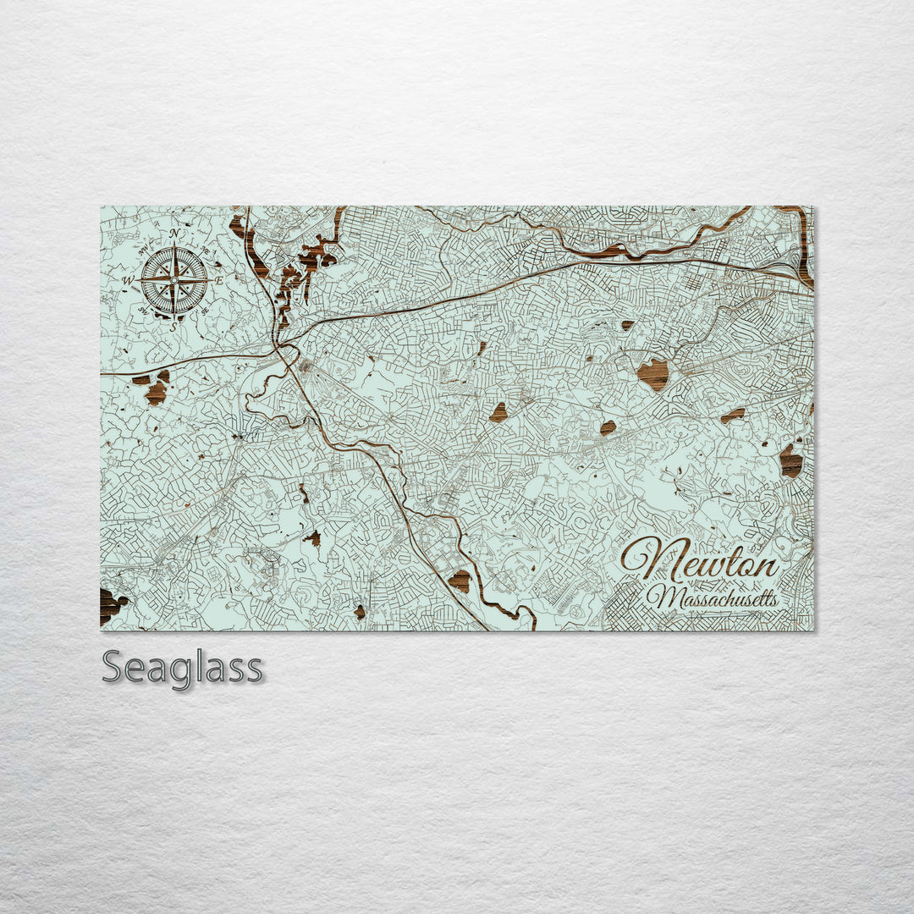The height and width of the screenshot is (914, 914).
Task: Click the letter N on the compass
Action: click(174, 234)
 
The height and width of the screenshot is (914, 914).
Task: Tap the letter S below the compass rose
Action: click(173, 326)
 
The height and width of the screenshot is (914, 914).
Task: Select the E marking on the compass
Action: click(218, 280)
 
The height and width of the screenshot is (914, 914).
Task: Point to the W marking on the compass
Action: click(129, 280)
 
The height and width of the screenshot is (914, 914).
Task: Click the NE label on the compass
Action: click(204, 249)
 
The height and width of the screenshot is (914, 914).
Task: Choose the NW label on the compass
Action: click(143, 249)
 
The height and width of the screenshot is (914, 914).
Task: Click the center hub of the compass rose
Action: click(174, 280)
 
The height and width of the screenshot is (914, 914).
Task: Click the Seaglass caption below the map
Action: click(182, 669)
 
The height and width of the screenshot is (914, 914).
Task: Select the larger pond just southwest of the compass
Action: click(156, 392)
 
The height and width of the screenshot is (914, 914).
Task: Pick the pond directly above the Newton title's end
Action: click(791, 460)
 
